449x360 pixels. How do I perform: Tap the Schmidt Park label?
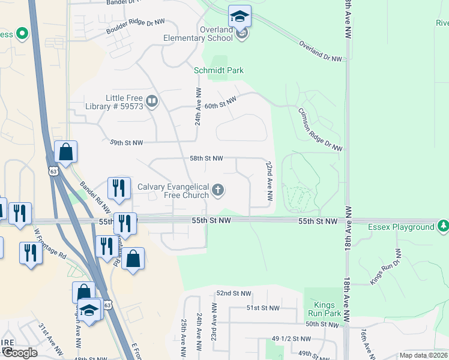[219, 70]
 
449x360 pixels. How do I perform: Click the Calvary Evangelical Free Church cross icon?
[218, 191]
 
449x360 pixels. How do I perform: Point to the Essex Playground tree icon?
[443, 227]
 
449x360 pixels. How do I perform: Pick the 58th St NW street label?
[206, 158]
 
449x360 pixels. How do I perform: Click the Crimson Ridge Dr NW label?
[320, 129]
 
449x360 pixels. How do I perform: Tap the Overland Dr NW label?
[321, 51]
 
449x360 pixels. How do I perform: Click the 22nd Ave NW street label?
[270, 181]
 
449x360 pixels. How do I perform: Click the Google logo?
[19, 352]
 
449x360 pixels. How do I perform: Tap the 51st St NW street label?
[263, 308]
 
